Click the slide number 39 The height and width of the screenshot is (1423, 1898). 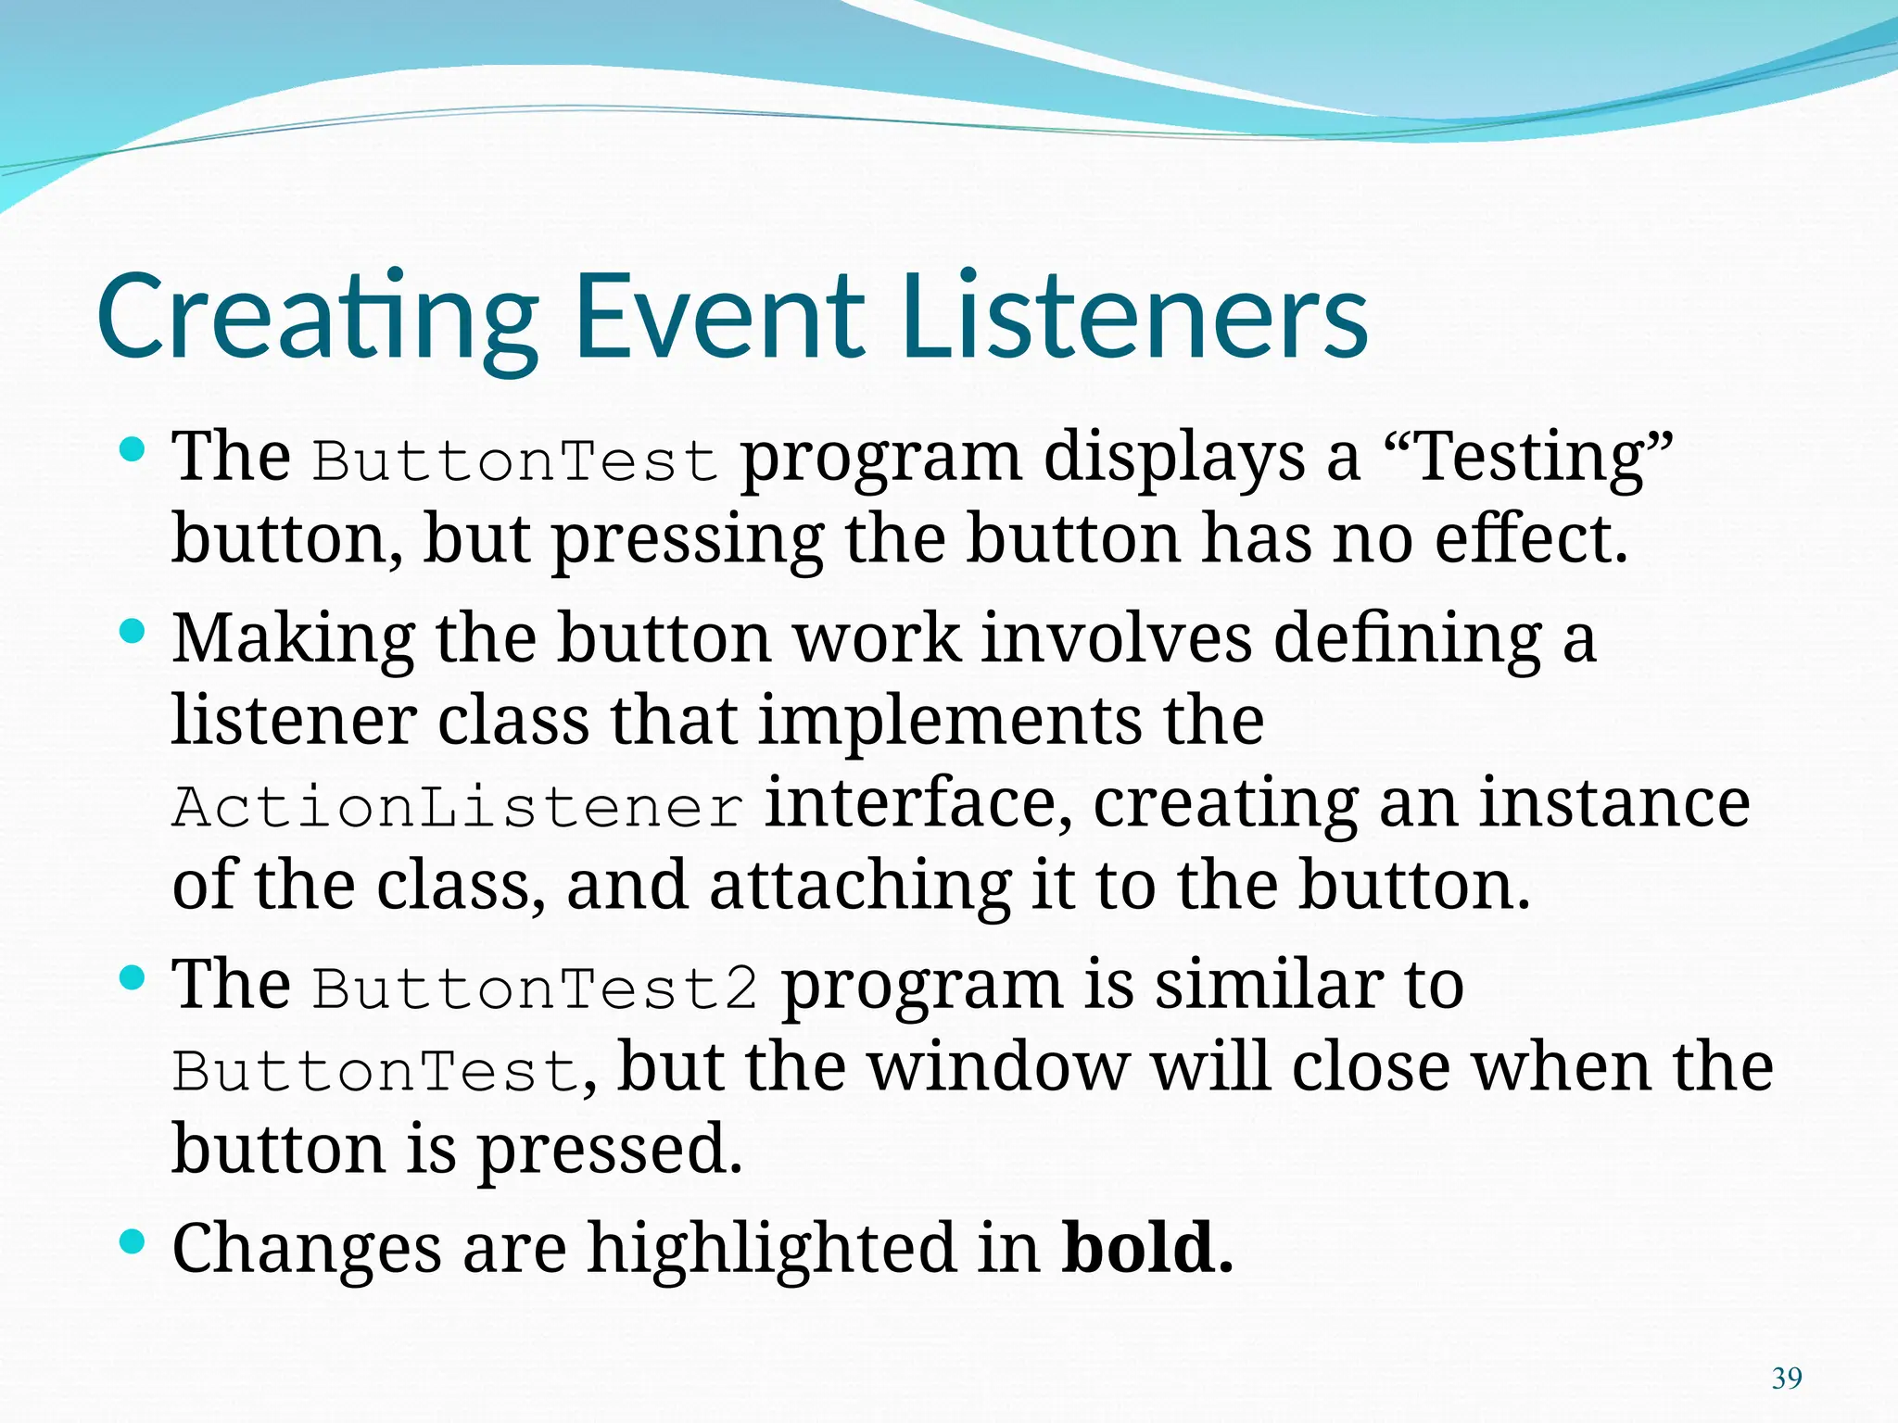tap(1786, 1379)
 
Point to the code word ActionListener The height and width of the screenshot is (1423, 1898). tap(458, 807)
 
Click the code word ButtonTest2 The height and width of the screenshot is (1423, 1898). tap(535, 988)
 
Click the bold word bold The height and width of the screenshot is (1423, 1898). tap(1138, 1247)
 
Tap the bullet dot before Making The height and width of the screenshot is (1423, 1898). tap(133, 633)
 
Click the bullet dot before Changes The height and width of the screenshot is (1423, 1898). tap(133, 1241)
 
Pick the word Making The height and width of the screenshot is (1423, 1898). tap(294, 639)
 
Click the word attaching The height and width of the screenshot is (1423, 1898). tap(859, 886)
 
